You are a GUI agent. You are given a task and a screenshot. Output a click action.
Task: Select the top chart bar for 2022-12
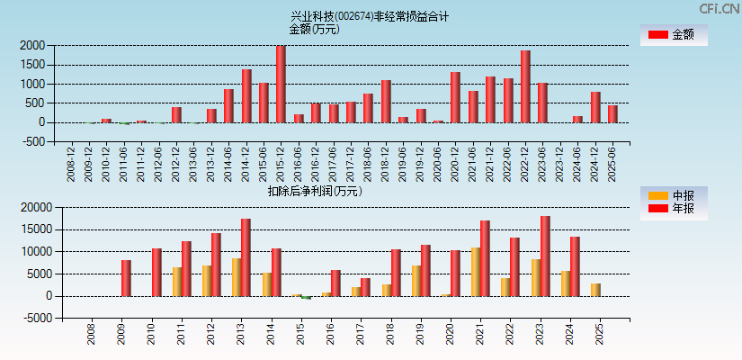525,86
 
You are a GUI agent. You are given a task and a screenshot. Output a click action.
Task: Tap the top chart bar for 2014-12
246,95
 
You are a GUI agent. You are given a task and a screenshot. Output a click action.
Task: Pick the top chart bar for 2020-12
455,97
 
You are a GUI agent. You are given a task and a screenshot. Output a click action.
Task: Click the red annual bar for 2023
545,256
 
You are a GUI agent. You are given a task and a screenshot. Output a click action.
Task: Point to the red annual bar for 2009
126,278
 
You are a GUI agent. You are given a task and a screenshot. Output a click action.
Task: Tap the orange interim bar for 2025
595,290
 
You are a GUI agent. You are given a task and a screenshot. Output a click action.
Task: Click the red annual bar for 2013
246,257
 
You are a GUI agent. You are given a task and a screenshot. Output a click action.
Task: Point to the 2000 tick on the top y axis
32,45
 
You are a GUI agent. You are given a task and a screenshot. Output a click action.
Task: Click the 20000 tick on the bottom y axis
30,207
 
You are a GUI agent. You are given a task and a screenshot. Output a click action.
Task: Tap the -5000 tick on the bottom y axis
30,318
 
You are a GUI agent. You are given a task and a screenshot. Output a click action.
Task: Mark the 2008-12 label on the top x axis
72,164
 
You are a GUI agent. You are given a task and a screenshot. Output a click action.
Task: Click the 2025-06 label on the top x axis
612,164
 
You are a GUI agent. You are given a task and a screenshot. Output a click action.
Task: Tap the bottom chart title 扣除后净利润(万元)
314,191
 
